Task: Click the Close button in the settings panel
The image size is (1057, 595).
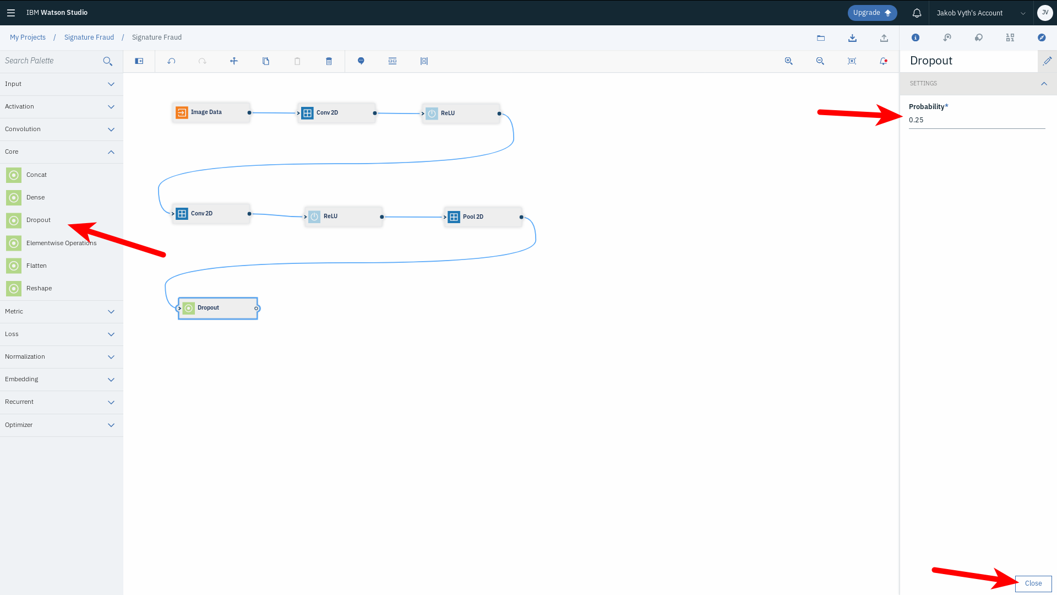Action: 1033,583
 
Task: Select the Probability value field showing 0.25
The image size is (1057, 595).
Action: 976,120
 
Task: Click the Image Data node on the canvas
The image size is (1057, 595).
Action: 211,112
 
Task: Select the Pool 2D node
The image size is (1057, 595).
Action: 483,217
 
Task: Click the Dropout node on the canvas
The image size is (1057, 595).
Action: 217,308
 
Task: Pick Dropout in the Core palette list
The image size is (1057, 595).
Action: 39,220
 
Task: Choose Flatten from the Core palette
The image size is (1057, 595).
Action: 36,266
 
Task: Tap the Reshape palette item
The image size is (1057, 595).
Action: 39,289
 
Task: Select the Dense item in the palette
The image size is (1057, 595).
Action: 35,198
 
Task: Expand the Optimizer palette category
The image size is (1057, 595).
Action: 61,425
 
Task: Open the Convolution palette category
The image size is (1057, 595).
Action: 61,129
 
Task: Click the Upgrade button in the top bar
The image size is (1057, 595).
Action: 872,13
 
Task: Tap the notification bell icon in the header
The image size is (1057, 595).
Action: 917,13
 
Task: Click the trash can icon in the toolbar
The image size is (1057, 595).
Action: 329,61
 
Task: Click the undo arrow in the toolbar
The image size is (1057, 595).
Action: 171,61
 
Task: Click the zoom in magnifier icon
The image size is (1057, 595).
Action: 788,61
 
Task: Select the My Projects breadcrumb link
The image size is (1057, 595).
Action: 28,37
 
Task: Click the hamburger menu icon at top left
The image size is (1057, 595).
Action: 11,13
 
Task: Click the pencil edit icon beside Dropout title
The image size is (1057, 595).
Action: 1047,61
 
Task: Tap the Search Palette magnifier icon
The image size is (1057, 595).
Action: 107,61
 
